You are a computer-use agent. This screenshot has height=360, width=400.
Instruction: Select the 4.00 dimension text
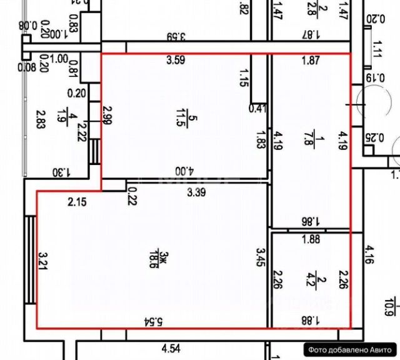pyautogui.click(x=182, y=170)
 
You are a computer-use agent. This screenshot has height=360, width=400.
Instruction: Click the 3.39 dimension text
pyautogui.click(x=197, y=193)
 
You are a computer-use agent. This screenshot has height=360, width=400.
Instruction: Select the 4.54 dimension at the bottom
pyautogui.click(x=171, y=348)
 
